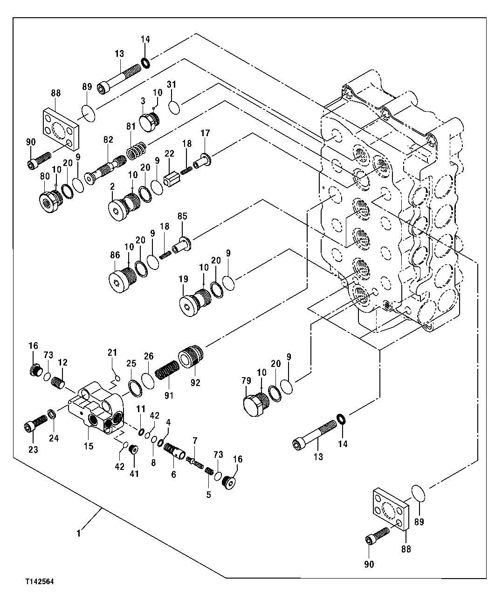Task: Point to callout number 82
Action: point(108,139)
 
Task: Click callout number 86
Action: point(115,255)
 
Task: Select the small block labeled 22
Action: point(172,179)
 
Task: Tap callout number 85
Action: point(182,216)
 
